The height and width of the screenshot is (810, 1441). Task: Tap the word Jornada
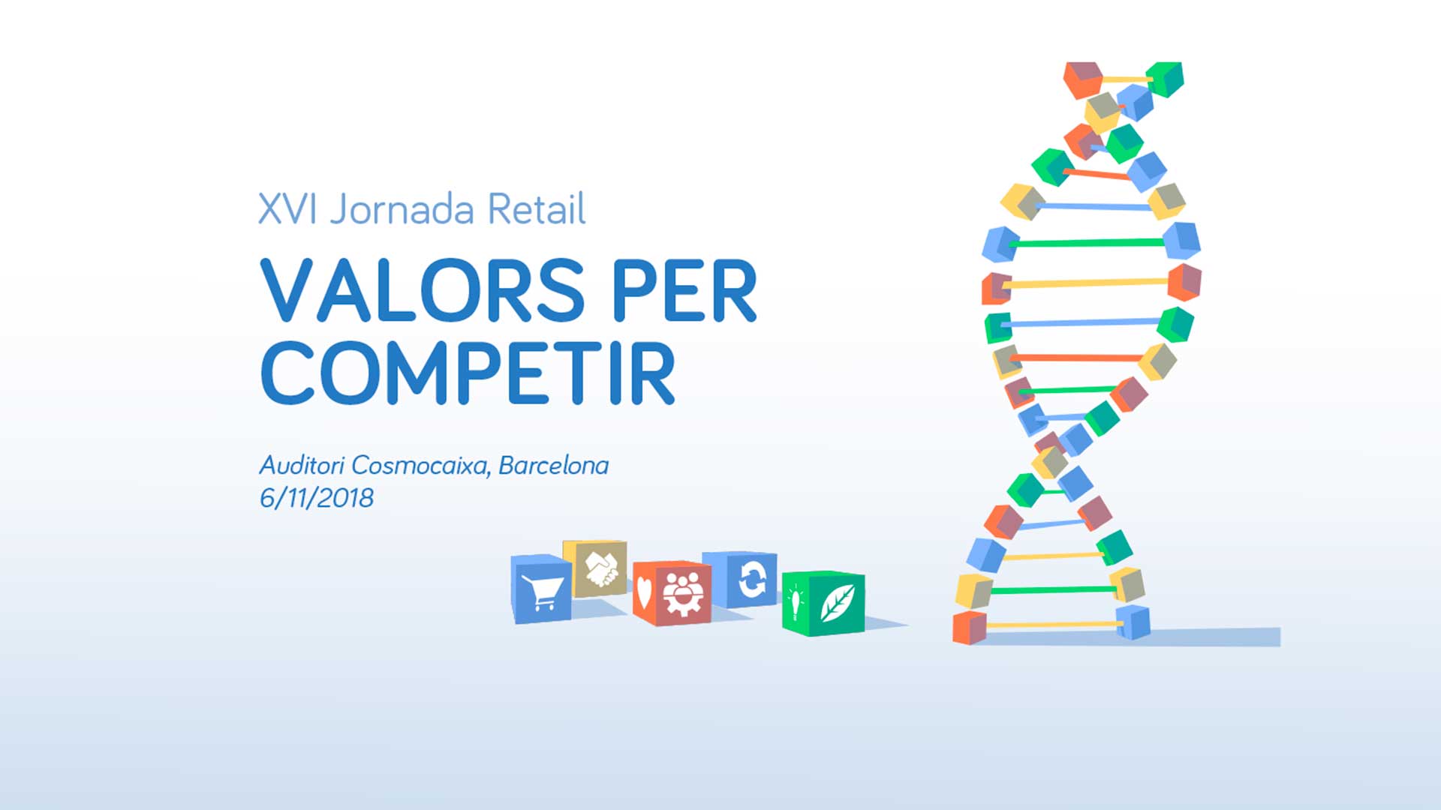tap(402, 209)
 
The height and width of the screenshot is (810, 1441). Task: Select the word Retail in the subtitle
tap(536, 208)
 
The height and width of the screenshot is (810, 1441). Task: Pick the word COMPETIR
tap(468, 373)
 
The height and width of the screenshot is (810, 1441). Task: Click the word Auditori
tap(302, 465)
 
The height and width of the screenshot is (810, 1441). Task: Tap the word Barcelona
tap(554, 465)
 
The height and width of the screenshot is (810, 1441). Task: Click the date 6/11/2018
tap(316, 498)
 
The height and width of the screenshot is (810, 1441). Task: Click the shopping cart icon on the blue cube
tap(542, 592)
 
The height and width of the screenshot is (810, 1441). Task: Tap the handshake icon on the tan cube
tap(601, 569)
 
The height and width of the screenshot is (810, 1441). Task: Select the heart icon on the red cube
tap(644, 592)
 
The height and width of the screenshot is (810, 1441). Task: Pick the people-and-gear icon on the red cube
tap(683, 595)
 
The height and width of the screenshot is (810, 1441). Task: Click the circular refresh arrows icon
tap(751, 580)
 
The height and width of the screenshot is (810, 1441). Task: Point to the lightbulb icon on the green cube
tap(795, 603)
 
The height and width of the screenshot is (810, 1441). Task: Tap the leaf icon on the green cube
tap(837, 603)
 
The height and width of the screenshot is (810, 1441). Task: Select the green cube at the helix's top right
tap(1165, 79)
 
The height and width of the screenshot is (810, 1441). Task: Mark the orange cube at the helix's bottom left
tap(969, 628)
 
